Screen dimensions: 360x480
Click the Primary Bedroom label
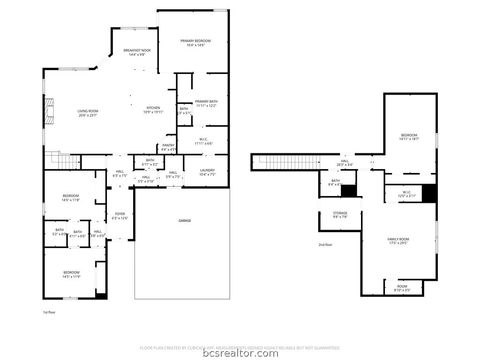tap(195, 42)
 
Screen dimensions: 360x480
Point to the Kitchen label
tap(153, 111)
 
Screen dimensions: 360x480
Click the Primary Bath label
tap(206, 103)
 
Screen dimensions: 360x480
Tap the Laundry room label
tap(207, 173)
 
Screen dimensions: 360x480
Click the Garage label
tap(185, 220)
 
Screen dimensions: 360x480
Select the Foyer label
tap(119, 216)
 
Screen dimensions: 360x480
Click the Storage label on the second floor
tap(340, 215)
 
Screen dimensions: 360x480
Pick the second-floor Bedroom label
tap(410, 137)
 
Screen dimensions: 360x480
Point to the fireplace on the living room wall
tap(44, 112)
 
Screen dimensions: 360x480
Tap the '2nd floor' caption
tap(324, 244)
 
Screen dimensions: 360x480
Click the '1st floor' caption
tap(48, 313)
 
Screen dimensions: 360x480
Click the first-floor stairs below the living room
tap(63, 161)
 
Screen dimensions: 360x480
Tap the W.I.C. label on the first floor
tap(203, 141)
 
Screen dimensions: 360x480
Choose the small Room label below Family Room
tap(401, 286)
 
